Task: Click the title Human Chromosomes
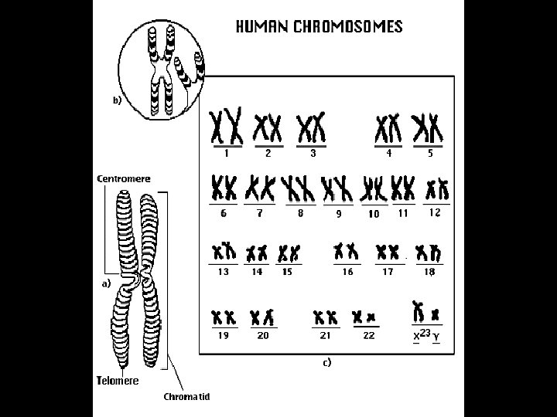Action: point(318,27)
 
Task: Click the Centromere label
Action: point(123,178)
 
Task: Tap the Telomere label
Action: point(118,380)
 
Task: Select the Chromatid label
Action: point(186,397)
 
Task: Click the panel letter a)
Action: point(107,283)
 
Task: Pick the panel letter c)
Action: point(326,361)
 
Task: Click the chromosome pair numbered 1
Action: point(227,125)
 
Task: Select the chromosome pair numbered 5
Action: point(427,127)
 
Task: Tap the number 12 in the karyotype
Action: point(436,212)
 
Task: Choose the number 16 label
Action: point(348,272)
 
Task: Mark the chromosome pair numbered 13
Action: point(224,252)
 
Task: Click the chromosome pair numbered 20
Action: point(263,317)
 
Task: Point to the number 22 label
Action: point(368,336)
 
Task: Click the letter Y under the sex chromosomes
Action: point(436,337)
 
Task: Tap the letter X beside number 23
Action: point(416,337)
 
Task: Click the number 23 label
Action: point(425,333)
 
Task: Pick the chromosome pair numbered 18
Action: point(427,252)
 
